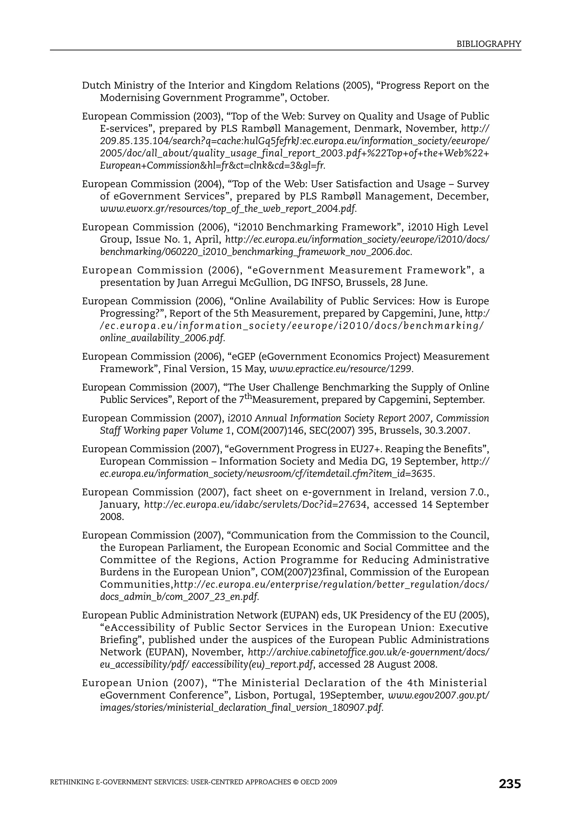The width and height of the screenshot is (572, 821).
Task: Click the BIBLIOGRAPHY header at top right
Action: click(x=489, y=44)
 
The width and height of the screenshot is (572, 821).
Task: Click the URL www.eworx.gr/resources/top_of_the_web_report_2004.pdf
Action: click(x=228, y=209)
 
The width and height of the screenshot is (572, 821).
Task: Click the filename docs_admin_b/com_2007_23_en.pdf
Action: click(x=179, y=597)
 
